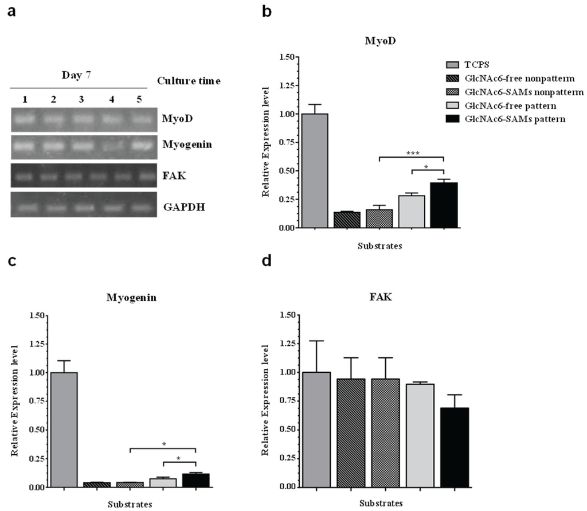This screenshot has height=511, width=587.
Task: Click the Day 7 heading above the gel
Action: (x=75, y=76)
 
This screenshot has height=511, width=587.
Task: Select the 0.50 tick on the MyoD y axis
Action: (x=286, y=171)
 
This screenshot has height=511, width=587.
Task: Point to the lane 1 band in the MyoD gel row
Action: (x=26, y=120)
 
